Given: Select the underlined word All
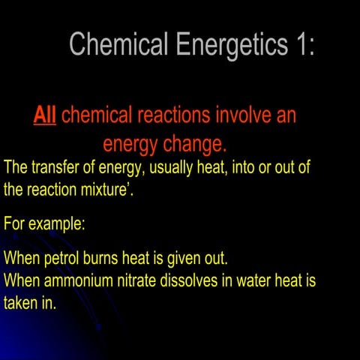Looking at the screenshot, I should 45,115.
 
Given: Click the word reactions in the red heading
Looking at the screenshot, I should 175,115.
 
